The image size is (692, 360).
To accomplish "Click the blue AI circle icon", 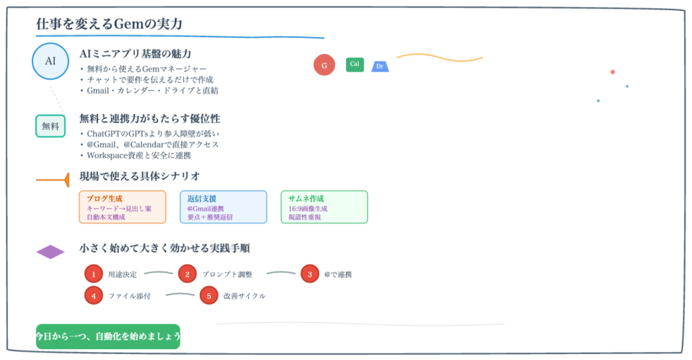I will (x=51, y=61).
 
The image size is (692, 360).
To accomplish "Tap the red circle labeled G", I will (x=324, y=65).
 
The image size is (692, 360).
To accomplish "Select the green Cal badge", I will (x=355, y=64).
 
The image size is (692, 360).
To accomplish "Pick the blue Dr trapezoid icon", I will (x=380, y=66).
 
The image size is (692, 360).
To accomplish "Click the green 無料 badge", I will (x=51, y=126).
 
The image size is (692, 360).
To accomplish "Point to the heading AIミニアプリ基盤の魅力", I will (x=135, y=54).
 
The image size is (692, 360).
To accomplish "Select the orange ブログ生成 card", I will (x=122, y=207).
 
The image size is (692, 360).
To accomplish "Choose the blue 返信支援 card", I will (x=223, y=207).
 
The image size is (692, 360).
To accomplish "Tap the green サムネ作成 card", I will (x=324, y=207).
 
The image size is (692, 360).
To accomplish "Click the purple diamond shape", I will (x=51, y=252).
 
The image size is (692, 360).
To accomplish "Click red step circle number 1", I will (x=93, y=274).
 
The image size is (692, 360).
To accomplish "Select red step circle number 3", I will (x=310, y=274).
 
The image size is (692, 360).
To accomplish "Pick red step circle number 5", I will (x=209, y=295).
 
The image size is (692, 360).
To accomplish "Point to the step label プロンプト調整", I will (x=226, y=275).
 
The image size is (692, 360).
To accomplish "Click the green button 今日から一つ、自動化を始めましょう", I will (x=108, y=336).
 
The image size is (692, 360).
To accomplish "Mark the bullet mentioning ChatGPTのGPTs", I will (x=153, y=134).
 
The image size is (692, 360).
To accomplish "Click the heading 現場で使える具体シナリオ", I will (x=140, y=176).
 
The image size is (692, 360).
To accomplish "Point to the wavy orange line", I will (x=439, y=57).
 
